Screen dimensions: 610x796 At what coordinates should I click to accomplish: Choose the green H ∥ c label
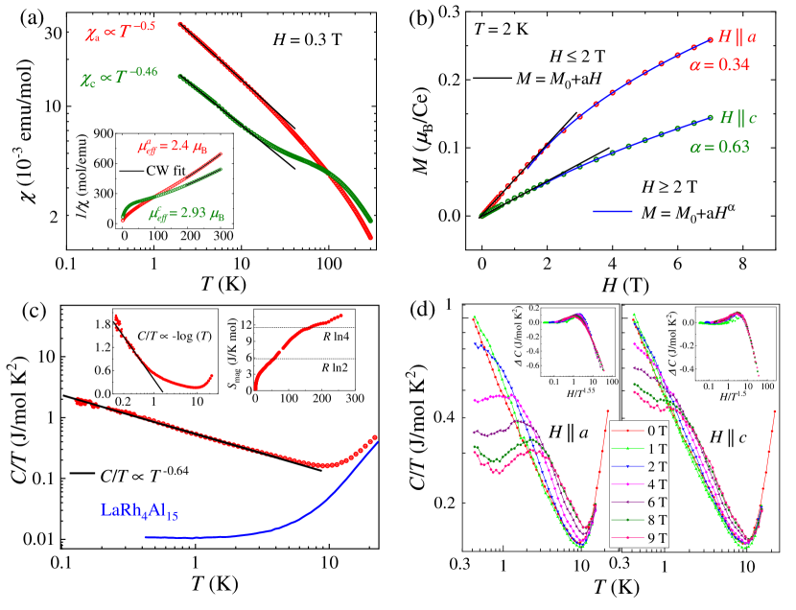pos(738,117)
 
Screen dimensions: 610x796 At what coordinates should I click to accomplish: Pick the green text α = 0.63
pos(719,147)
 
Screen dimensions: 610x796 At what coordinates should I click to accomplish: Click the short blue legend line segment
pos(612,210)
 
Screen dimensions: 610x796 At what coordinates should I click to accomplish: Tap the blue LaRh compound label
pos(139,510)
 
